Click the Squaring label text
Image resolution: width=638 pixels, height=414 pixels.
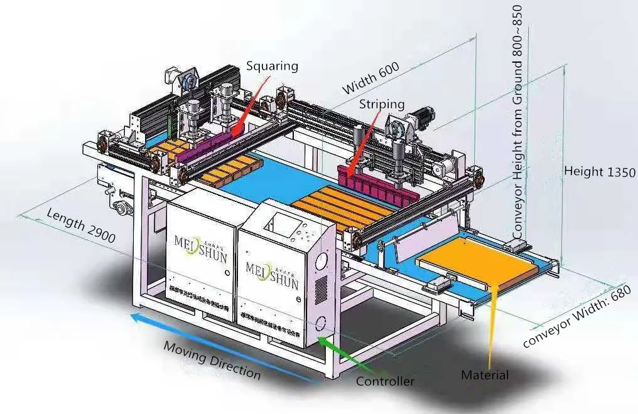(272, 66)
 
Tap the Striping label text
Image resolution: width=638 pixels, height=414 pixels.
(381, 105)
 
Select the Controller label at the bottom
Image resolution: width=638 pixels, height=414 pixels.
(385, 381)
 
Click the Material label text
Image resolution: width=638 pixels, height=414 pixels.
(485, 375)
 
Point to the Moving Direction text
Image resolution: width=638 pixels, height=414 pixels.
(212, 359)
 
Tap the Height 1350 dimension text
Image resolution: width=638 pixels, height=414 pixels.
(600, 171)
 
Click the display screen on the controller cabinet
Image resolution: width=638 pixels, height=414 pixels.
(279, 224)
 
